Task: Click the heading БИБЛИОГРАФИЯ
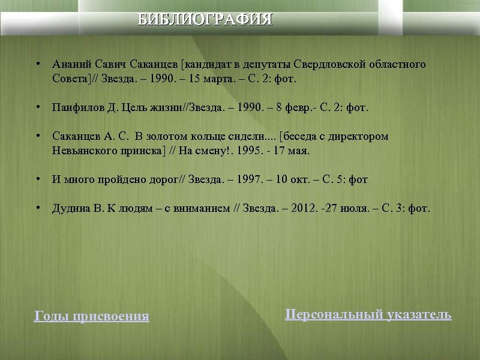205,19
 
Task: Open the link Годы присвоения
91,316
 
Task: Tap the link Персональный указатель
368,314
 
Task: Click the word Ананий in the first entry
70,64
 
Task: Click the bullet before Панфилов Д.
38,108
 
